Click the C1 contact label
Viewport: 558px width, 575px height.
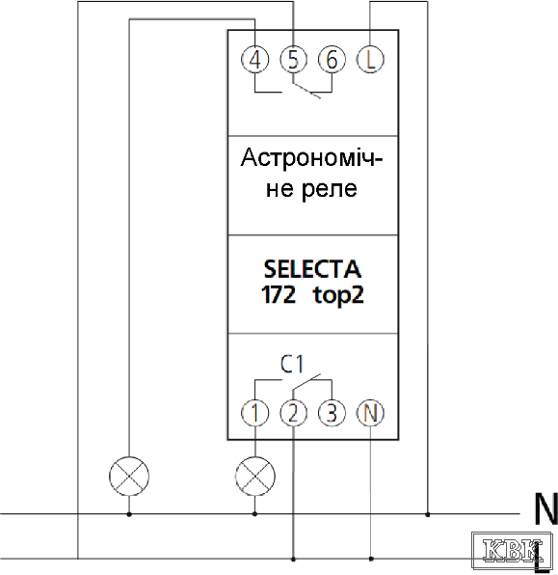pyautogui.click(x=292, y=364)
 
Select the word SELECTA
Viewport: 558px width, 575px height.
pyautogui.click(x=312, y=269)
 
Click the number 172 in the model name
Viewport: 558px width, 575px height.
pyautogui.click(x=279, y=294)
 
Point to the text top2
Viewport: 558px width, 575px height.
pyautogui.click(x=338, y=295)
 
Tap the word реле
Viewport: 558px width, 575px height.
pyautogui.click(x=330, y=190)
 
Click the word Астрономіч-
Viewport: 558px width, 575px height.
pyautogui.click(x=311, y=157)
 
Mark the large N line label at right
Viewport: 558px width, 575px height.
pyautogui.click(x=545, y=508)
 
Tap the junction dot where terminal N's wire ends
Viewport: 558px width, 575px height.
pyautogui.click(x=371, y=559)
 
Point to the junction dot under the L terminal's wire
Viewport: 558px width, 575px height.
pyautogui.click(x=427, y=515)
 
